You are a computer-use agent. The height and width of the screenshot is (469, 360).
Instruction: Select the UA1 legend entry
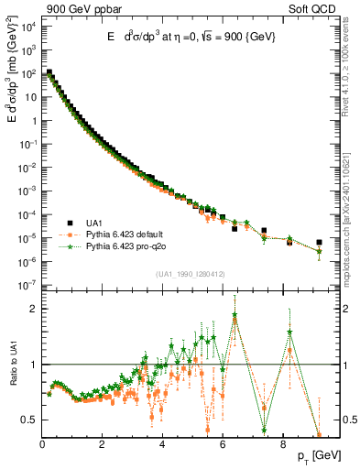(x=93, y=222)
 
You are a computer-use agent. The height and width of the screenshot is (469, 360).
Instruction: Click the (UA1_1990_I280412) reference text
(x=191, y=274)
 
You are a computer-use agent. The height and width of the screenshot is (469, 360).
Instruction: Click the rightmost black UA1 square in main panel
(x=320, y=243)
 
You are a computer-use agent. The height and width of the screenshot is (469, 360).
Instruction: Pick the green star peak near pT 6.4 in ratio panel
(x=235, y=315)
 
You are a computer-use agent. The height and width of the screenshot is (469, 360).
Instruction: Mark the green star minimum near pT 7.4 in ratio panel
(x=264, y=429)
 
